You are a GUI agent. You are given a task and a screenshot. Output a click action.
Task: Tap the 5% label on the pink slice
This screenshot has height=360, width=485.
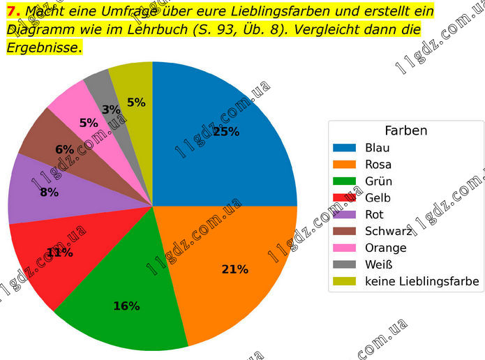(89, 123)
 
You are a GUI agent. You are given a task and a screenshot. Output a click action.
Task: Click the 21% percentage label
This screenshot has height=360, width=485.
(234, 269)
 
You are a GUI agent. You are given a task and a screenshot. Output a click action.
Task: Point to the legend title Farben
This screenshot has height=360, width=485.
(405, 130)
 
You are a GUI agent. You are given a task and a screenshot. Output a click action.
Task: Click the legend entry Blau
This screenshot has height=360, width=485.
(377, 148)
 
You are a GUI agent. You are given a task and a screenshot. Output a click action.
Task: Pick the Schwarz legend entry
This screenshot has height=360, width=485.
(387, 232)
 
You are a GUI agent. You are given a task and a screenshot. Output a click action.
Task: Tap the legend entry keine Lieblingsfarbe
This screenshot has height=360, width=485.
(421, 281)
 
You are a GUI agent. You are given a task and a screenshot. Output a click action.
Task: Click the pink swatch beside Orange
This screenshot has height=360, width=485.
(345, 248)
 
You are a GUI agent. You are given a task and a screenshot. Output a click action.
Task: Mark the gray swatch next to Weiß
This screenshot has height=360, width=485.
(345, 265)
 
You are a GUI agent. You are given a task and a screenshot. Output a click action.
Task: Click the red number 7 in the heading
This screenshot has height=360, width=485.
(12, 12)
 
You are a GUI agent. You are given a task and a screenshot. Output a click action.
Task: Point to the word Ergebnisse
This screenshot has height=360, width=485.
(43, 47)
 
